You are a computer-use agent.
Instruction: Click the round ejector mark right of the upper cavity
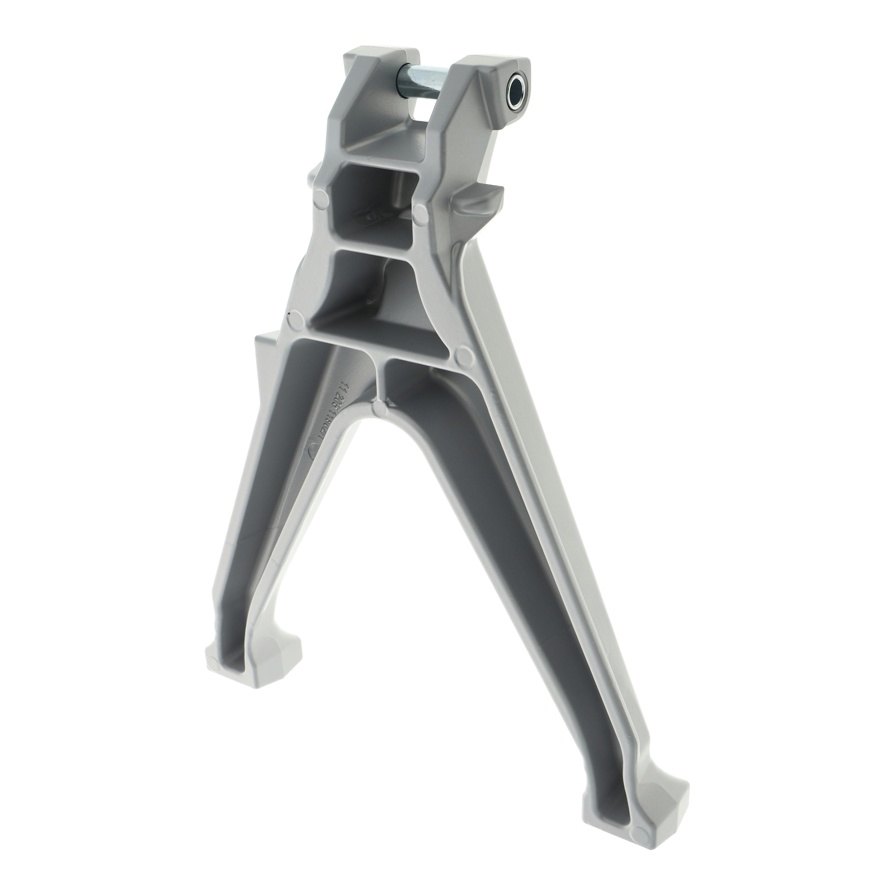pyautogui.click(x=420, y=211)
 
